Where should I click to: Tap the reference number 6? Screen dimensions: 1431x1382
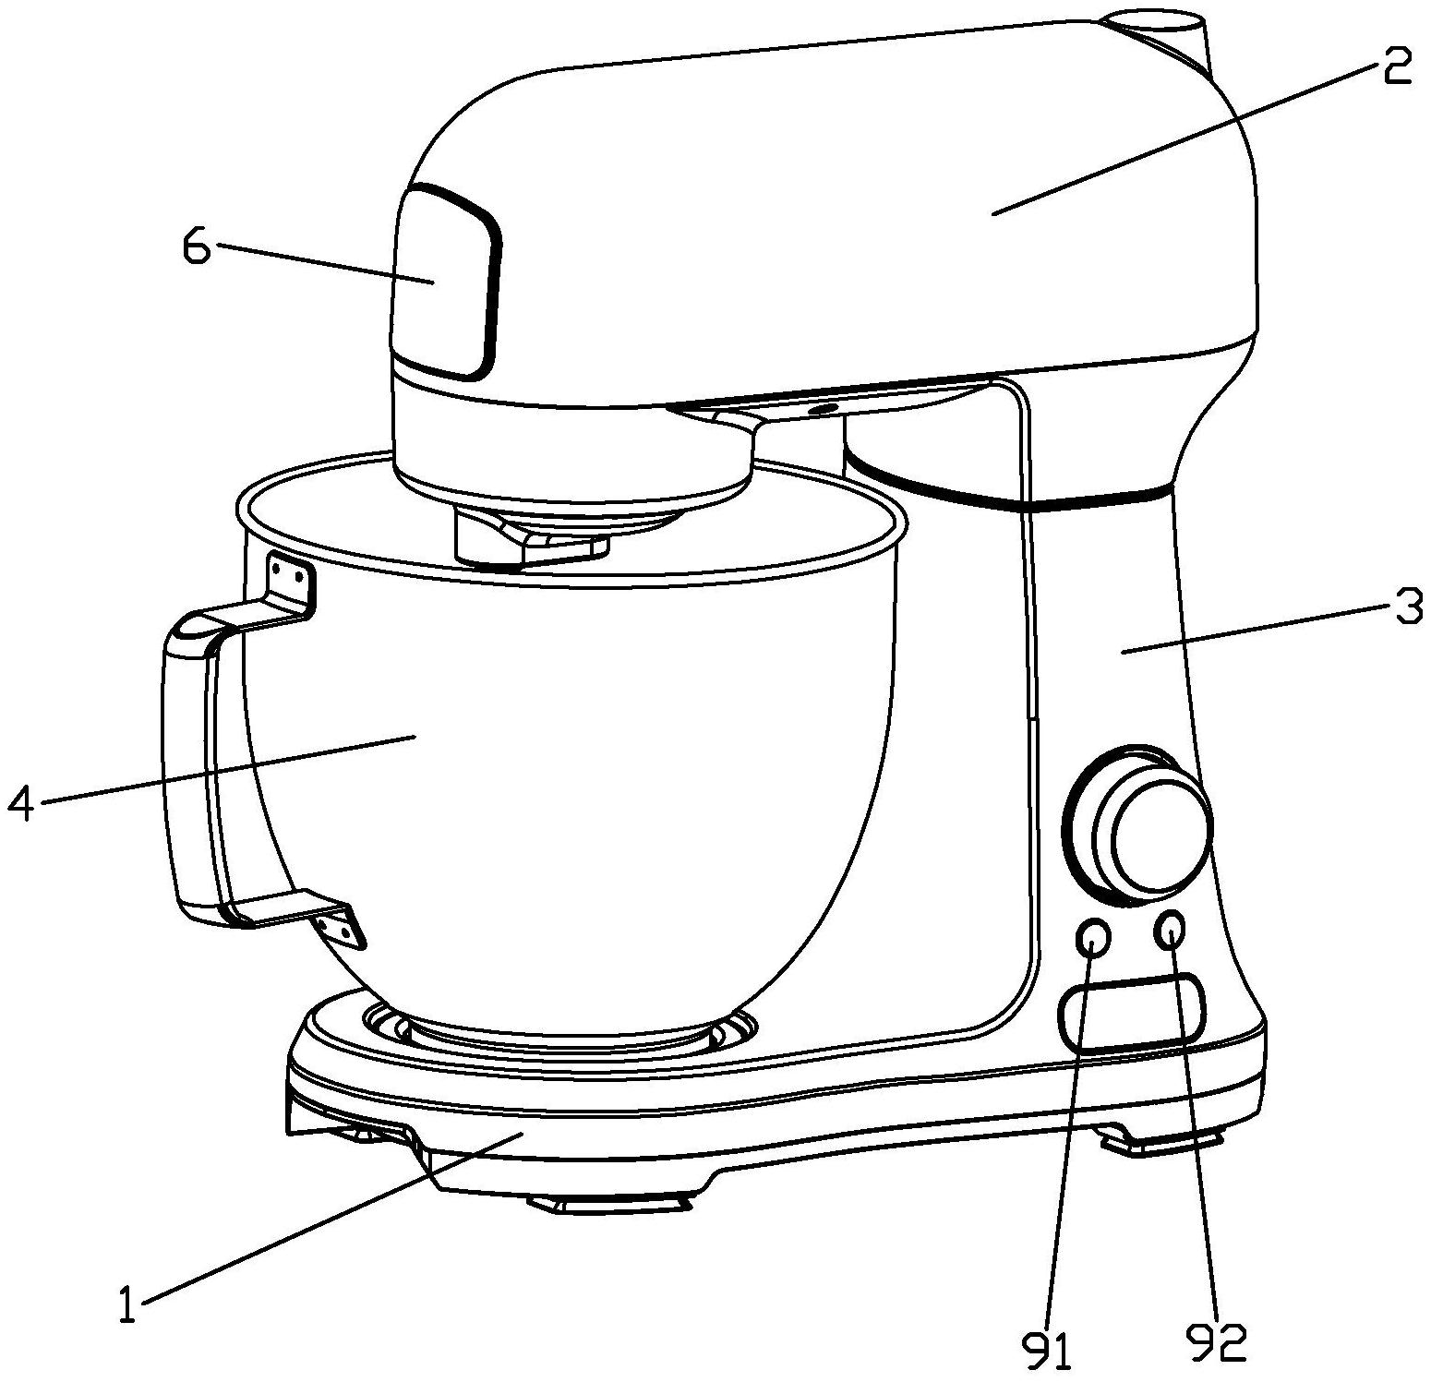198,246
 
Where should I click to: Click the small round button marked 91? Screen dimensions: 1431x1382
1093,938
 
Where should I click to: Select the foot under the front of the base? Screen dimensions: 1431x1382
611,1201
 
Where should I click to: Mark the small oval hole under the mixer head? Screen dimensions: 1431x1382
823,407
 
